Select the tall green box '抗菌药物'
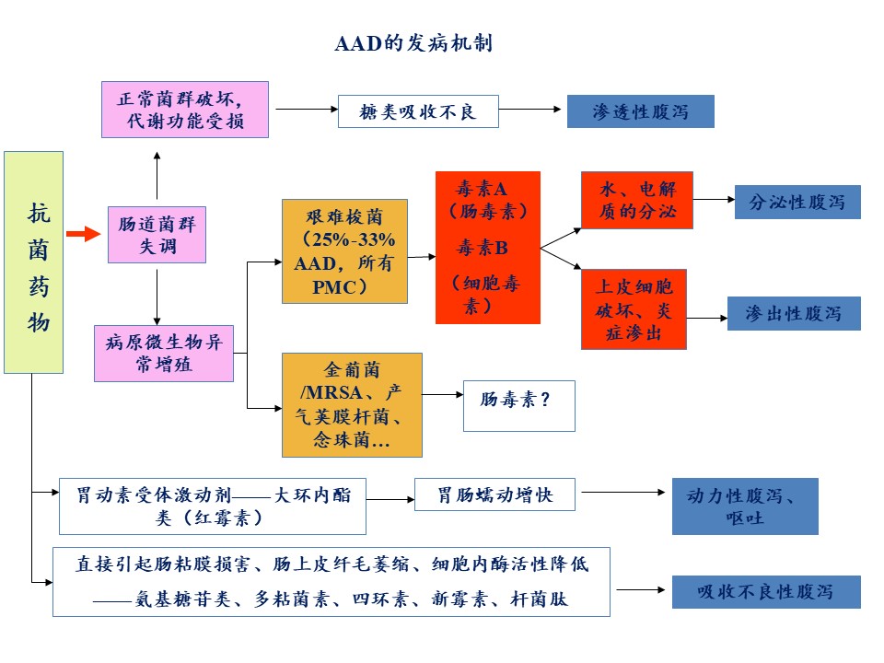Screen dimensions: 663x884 click(33, 262)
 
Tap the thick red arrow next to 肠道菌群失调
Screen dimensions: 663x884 click(83, 234)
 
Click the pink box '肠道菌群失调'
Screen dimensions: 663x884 click(157, 234)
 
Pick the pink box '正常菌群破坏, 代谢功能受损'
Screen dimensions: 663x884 click(185, 110)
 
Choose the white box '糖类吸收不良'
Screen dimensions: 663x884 click(418, 111)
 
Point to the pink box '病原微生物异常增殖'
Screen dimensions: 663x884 click(164, 354)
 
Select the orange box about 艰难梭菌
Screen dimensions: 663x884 click(344, 250)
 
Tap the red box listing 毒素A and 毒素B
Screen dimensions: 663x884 click(487, 248)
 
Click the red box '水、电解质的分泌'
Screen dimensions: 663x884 click(636, 201)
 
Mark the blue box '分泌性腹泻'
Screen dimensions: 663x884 click(797, 202)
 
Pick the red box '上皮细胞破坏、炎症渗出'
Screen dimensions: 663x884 click(634, 308)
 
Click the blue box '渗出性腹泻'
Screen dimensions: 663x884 click(794, 313)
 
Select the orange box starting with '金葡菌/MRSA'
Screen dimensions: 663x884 click(352, 404)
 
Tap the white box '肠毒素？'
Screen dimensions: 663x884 click(518, 405)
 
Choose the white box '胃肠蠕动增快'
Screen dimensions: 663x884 click(495, 494)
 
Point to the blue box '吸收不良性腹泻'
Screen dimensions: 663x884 click(766, 591)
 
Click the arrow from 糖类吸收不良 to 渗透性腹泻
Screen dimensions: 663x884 click(531, 110)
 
